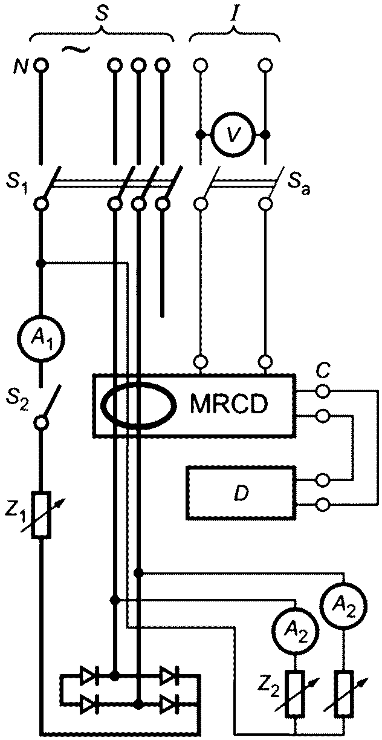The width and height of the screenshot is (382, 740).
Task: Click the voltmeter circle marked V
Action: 233,134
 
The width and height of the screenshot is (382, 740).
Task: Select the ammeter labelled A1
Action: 41,339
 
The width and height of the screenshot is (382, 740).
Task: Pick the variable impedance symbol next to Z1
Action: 41,515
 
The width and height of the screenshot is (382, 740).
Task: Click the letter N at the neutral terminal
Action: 21,67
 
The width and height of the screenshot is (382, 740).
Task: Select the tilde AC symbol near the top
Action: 76,49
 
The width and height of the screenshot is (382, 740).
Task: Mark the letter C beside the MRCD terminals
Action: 322,372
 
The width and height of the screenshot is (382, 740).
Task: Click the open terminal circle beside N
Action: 41,65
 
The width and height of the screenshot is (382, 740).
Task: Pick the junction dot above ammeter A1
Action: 41,263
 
